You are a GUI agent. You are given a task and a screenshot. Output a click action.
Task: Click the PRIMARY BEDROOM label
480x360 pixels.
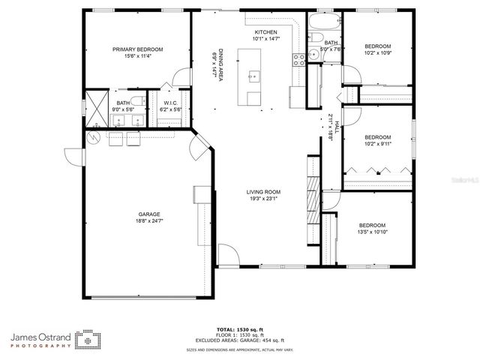pos(137,49)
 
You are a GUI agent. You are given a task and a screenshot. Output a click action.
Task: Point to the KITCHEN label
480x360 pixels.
pos(265,32)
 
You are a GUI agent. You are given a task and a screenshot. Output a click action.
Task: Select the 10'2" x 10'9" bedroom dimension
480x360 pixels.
pos(377,53)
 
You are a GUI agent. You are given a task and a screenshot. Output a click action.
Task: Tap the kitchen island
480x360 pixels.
pos(252,76)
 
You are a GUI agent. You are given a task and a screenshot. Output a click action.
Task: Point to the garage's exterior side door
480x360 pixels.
pos(73,157)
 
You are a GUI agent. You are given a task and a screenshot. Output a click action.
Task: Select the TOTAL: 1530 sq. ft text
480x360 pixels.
pos(240,329)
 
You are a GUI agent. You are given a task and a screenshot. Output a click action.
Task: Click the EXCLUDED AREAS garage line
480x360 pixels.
pos(240,341)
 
